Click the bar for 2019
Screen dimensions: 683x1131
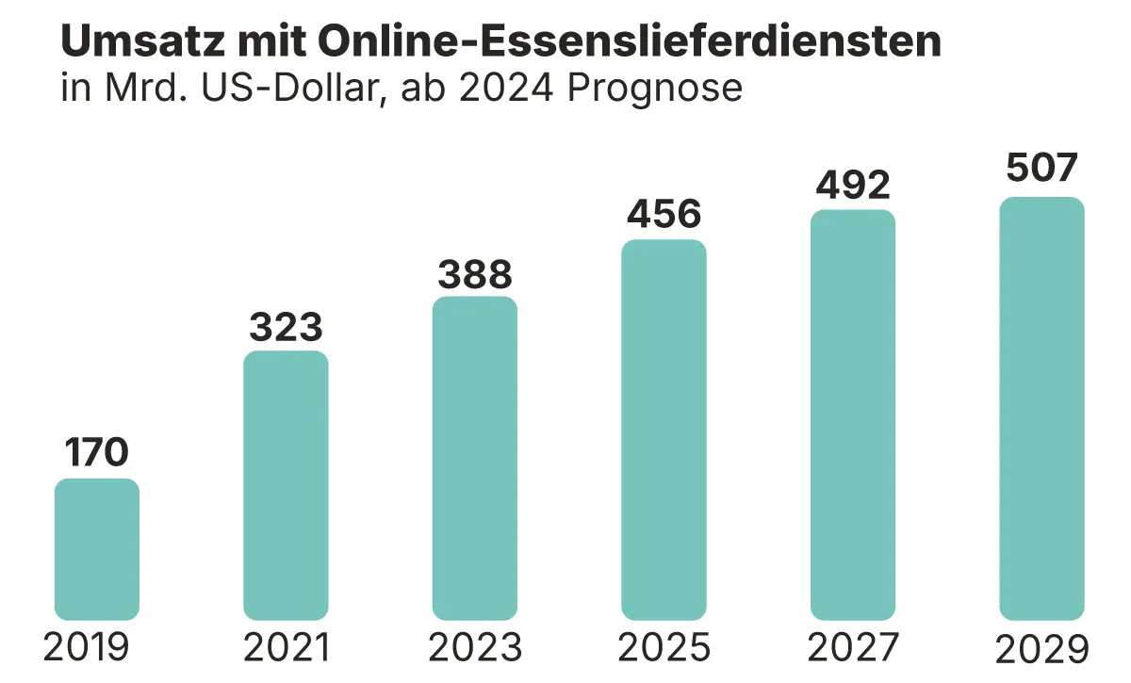pos(97,549)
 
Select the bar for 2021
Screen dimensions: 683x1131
pos(286,485)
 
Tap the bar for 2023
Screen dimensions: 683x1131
pos(475,458)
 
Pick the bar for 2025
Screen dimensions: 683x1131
pos(664,430)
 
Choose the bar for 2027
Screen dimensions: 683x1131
pos(853,415)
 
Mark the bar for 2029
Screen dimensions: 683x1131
pos(1041,408)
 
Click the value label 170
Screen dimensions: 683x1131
pos(97,453)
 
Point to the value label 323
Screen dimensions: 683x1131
pos(286,327)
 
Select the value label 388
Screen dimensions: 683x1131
pos(475,273)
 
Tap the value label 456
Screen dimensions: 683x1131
pos(664,215)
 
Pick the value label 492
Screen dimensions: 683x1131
pos(853,185)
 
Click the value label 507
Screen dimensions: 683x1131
pos(1041,169)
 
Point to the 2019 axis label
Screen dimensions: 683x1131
pos(86,648)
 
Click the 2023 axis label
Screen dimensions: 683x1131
pos(475,648)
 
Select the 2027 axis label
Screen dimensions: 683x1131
pos(853,648)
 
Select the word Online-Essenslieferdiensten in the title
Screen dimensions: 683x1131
pos(629,41)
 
